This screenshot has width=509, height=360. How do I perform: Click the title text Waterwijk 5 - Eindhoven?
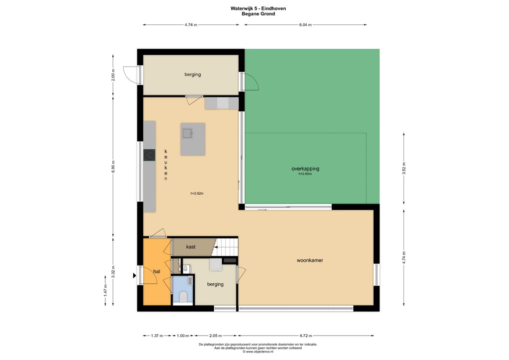(x=258, y=8)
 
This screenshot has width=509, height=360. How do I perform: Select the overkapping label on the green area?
(x=305, y=169)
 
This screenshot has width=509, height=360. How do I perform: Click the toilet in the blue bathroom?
(x=183, y=297)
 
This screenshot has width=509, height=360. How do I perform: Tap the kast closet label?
(x=191, y=247)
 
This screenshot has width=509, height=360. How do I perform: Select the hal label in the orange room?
(x=157, y=271)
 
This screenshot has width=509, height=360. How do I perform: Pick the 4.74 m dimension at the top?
(x=190, y=24)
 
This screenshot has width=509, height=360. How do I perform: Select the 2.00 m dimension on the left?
(x=113, y=75)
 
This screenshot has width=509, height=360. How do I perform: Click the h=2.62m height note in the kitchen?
(x=197, y=193)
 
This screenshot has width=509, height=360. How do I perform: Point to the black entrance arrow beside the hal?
(x=134, y=275)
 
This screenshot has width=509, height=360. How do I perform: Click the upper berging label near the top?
(x=192, y=75)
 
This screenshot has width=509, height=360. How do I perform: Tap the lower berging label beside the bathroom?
(x=215, y=284)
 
